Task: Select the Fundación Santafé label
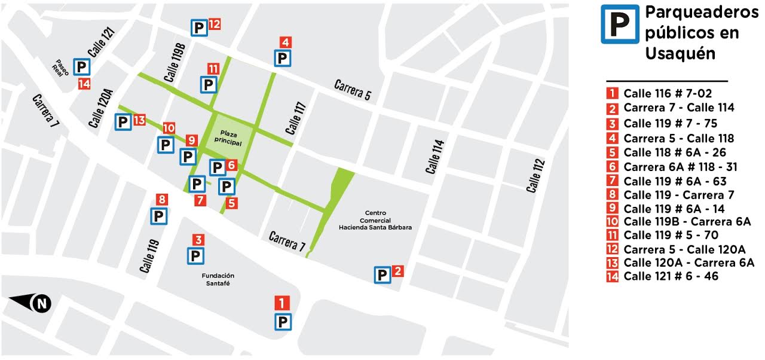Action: point(218,279)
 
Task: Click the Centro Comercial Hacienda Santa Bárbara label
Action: point(375,220)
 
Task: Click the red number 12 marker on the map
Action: point(215,25)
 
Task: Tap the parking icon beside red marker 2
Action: point(382,275)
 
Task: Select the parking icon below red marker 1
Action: point(283,322)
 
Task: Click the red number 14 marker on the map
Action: point(84,84)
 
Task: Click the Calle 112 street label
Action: point(535,175)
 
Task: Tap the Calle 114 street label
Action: point(436,157)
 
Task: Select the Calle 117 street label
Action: point(296,118)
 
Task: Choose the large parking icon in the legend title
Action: point(620,24)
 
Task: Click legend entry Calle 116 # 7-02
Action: point(668,93)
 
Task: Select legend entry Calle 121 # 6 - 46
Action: point(671,276)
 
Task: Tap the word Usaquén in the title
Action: point(680,53)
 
